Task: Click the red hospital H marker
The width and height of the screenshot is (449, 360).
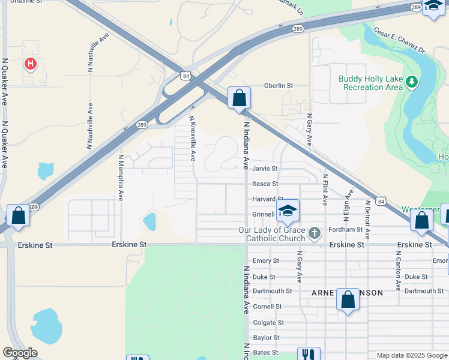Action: click(29, 63)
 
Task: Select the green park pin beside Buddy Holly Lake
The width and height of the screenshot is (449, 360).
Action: click(411, 81)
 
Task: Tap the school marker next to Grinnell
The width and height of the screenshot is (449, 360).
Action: click(288, 210)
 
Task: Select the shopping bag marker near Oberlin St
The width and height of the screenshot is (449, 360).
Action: click(239, 98)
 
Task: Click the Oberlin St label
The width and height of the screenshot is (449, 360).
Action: click(279, 86)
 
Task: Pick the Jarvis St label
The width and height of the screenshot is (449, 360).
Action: click(265, 169)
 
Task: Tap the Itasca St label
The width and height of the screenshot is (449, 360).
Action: click(265, 184)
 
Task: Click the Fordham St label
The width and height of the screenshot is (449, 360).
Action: click(346, 229)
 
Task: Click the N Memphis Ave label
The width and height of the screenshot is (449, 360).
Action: click(121, 177)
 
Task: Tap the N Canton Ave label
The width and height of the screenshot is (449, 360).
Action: click(397, 270)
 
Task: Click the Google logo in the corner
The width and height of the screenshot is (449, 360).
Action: click(20, 353)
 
